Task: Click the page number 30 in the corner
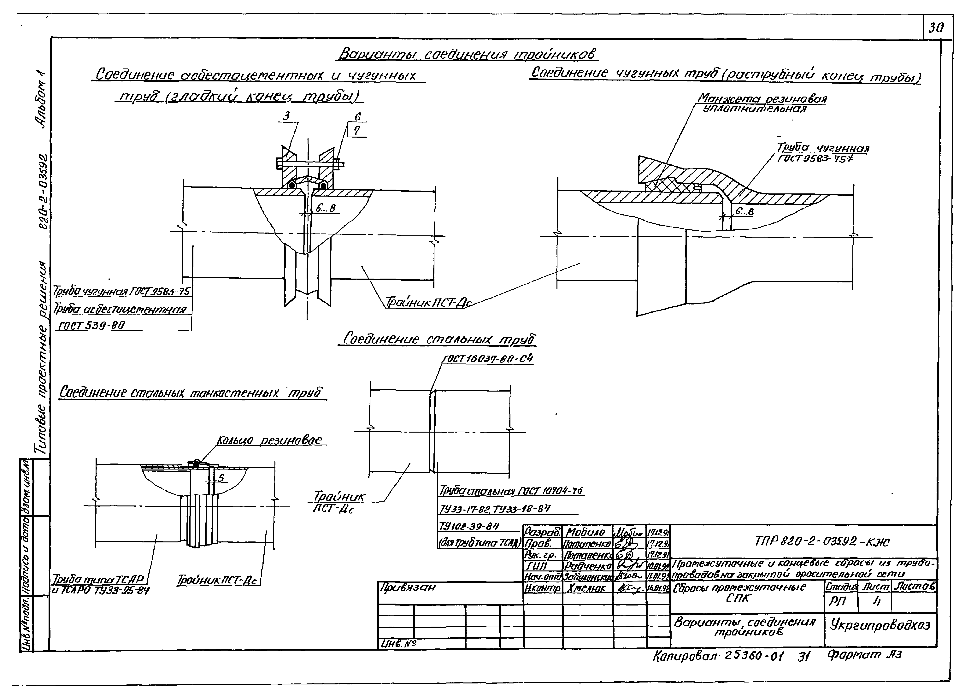click(936, 28)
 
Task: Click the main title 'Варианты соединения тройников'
click(468, 54)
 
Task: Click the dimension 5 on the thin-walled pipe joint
click(221, 478)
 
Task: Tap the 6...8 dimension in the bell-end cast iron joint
click(744, 211)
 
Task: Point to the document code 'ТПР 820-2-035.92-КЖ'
click(822, 542)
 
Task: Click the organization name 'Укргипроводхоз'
click(880, 625)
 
